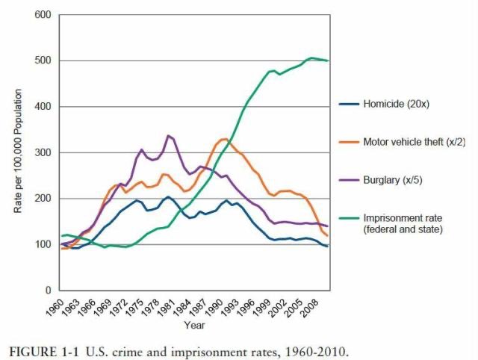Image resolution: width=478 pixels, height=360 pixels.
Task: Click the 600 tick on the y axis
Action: [x=42, y=15]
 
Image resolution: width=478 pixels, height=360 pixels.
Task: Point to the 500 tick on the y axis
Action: [x=42, y=60]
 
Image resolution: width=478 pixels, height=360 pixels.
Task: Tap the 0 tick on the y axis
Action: [x=47, y=290]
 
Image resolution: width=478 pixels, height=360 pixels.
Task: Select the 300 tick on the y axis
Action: [x=42, y=152]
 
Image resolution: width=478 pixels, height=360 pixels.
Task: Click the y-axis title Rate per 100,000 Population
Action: [x=18, y=152]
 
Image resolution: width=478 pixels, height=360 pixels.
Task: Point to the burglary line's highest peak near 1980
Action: [x=169, y=135]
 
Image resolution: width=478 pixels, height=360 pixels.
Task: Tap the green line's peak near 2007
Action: [x=311, y=58]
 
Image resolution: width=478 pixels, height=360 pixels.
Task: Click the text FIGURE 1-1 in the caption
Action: [x=41, y=350]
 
